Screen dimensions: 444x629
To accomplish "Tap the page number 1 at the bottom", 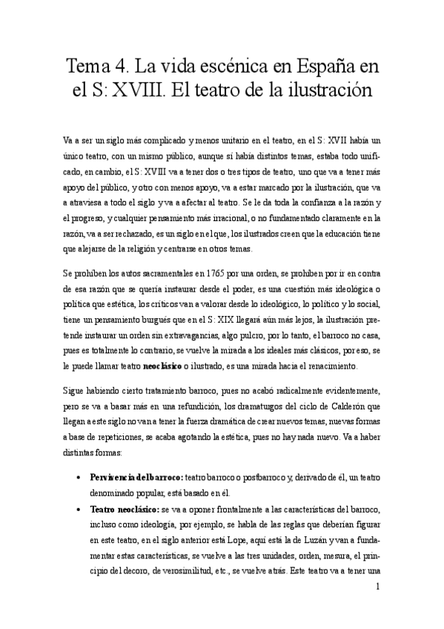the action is [x=378, y=587].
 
